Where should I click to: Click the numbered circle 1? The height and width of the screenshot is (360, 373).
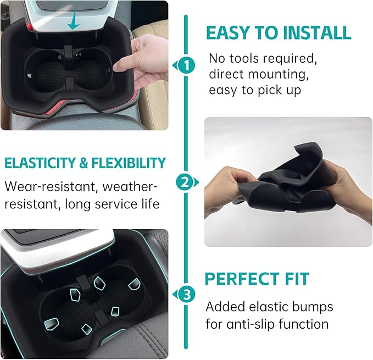click(x=187, y=67)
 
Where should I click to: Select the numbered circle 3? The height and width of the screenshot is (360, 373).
click(x=187, y=295)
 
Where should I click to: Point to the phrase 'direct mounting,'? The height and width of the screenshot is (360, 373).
click(x=254, y=74)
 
